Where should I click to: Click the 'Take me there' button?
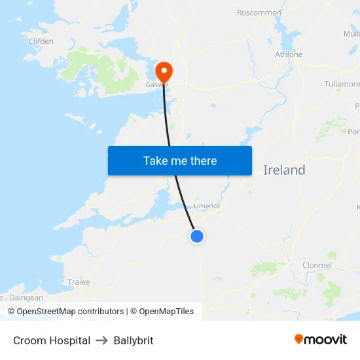(180, 160)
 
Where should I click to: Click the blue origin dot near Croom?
(197, 236)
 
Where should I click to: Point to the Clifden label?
(41, 41)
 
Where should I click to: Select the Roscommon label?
(259, 12)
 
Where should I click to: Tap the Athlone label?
(289, 54)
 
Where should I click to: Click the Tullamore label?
(342, 84)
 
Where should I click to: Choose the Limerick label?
(207, 206)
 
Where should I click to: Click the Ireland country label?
(284, 170)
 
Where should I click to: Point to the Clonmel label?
(317, 265)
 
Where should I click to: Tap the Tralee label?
(79, 282)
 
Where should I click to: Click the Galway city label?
(156, 84)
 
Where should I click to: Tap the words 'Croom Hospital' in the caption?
(52, 340)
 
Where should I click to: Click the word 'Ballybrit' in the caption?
(134, 340)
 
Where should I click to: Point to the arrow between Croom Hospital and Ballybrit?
(101, 340)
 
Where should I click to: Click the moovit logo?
(321, 339)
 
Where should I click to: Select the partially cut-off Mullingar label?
(351, 34)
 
